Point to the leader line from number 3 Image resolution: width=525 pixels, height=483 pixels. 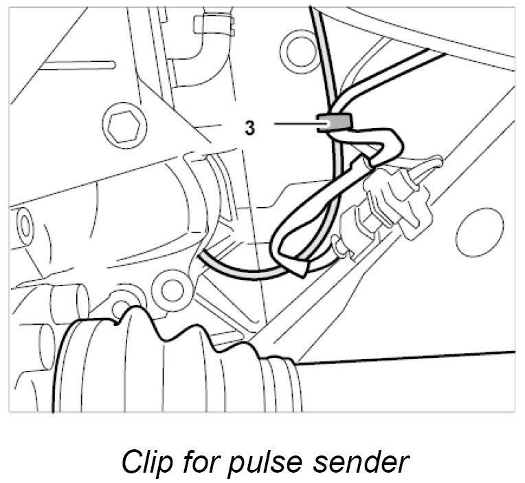296,124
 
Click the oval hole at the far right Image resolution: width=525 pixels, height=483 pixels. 479,231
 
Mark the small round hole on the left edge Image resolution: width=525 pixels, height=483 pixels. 25,224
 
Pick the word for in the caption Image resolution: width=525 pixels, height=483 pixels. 194,461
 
